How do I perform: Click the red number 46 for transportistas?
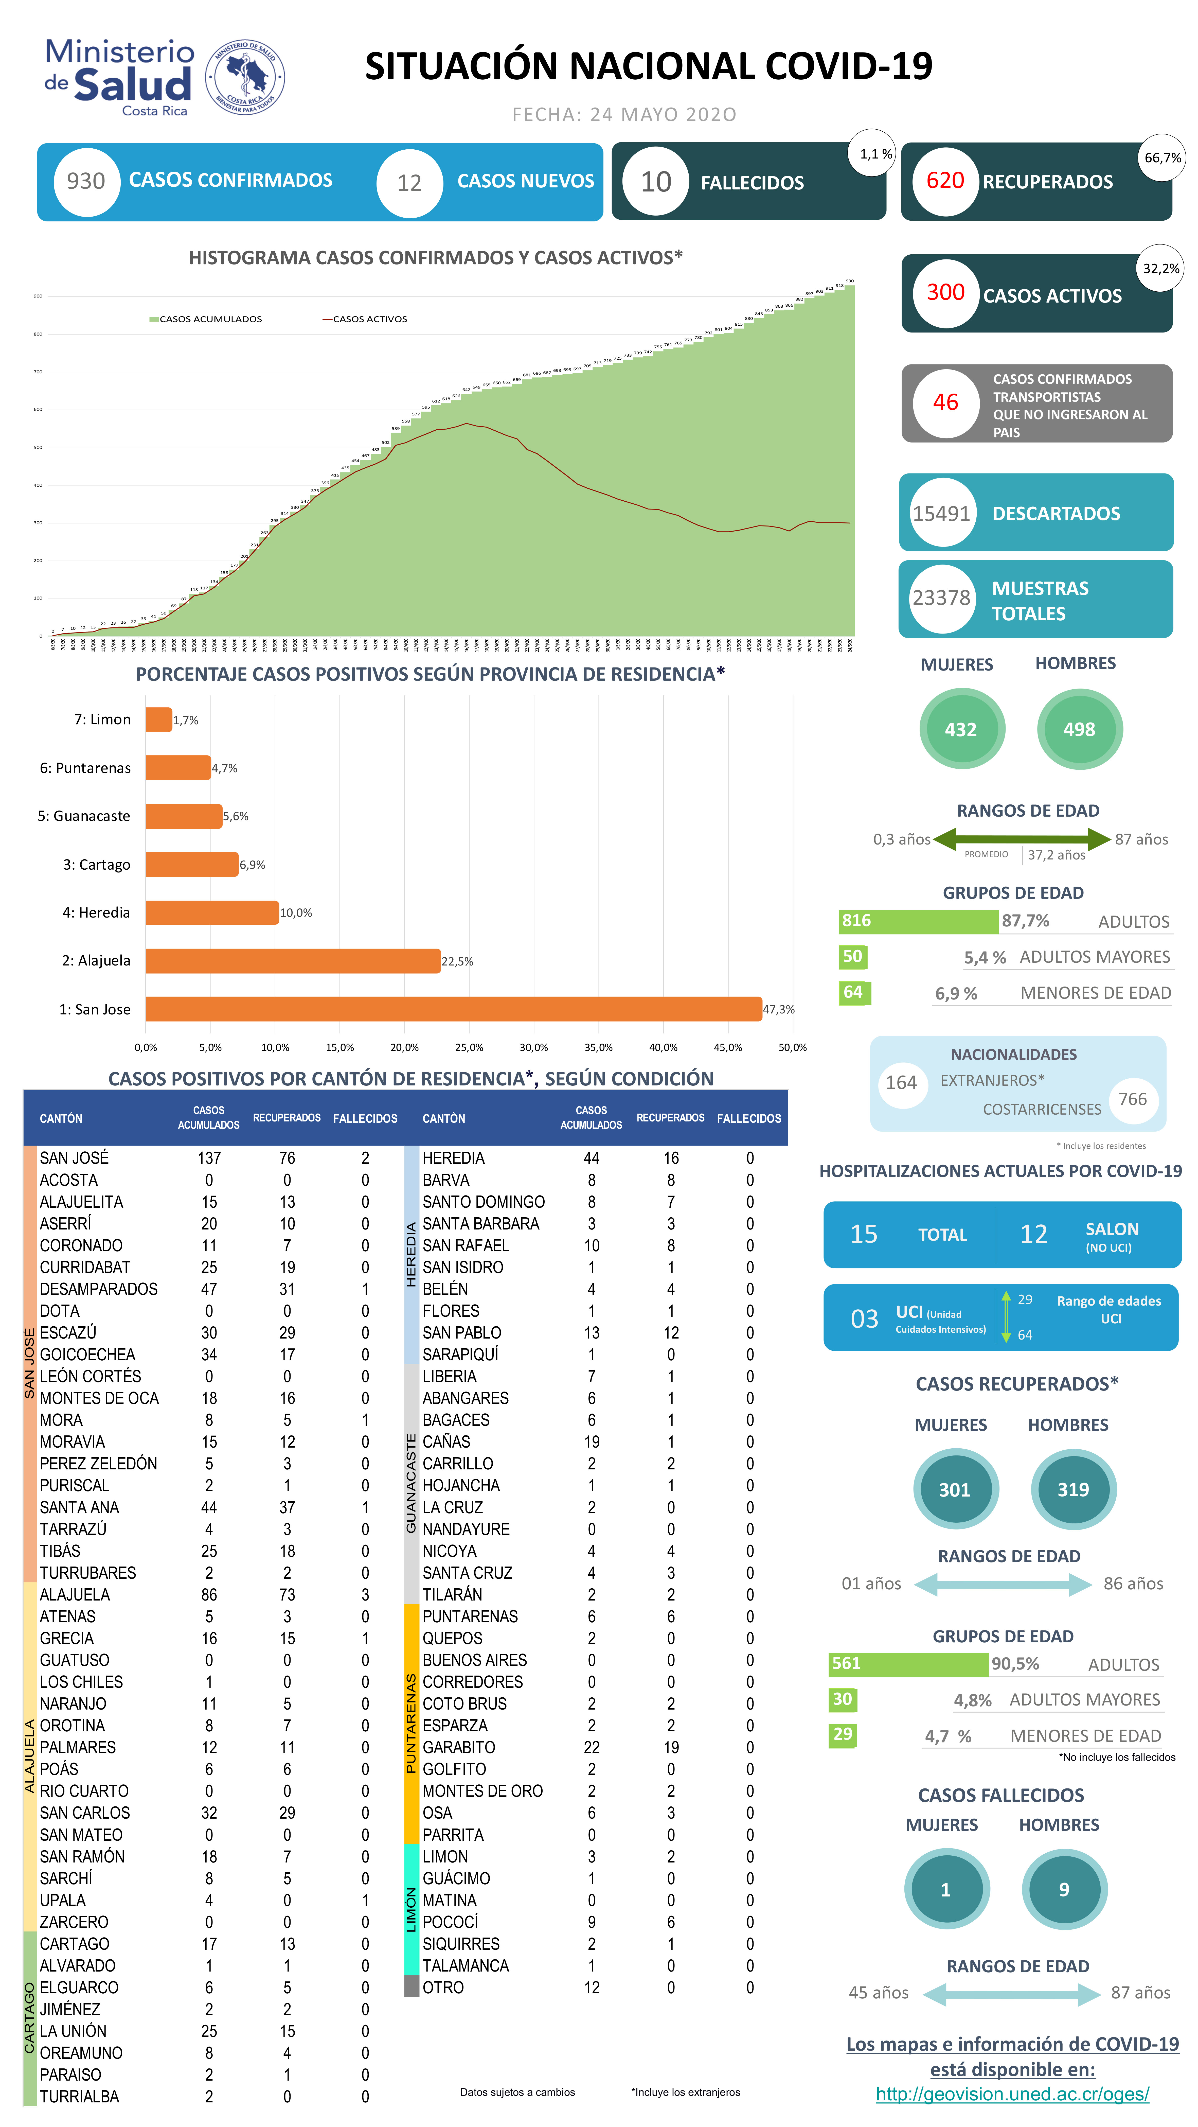click(x=945, y=402)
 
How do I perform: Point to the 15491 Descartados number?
click(x=941, y=514)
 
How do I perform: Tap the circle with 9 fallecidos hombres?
click(x=1063, y=1889)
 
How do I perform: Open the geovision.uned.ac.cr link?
click(x=1012, y=2094)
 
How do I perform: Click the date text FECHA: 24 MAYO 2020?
click(x=624, y=115)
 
